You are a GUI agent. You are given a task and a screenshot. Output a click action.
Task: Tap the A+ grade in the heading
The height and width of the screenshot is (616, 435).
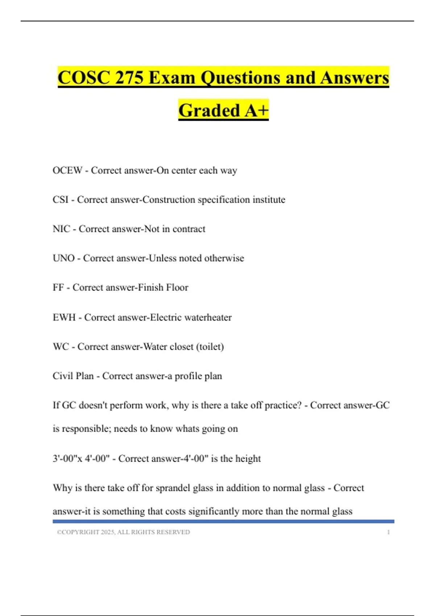pyautogui.click(x=256, y=111)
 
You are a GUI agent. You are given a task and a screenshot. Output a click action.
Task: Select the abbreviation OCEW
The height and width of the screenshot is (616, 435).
pyautogui.click(x=67, y=170)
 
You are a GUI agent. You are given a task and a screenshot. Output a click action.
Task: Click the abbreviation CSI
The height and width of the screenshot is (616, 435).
pyautogui.click(x=60, y=200)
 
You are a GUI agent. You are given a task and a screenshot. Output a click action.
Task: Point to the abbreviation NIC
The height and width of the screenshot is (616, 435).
pyautogui.click(x=61, y=229)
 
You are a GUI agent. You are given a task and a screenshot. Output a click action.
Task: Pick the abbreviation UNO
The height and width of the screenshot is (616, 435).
pyautogui.click(x=63, y=258)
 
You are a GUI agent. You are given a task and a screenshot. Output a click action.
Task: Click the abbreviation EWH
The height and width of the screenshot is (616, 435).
pyautogui.click(x=64, y=317)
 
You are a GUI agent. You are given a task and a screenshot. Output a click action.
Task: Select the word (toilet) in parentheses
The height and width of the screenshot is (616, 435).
pyautogui.click(x=210, y=347)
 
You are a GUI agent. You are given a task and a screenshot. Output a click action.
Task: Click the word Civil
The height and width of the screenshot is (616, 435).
pyautogui.click(x=61, y=376)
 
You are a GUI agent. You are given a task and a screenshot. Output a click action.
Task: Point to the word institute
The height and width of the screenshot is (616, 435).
pyautogui.click(x=269, y=200)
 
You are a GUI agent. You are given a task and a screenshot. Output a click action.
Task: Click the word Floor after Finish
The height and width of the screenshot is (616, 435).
pyautogui.click(x=177, y=288)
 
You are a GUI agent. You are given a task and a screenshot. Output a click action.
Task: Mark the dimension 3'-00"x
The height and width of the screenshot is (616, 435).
pyautogui.click(x=67, y=459)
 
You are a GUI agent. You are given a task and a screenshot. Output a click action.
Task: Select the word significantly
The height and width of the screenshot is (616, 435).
pyautogui.click(x=214, y=512)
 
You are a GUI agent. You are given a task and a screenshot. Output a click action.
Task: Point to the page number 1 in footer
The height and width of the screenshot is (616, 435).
pyautogui.click(x=388, y=532)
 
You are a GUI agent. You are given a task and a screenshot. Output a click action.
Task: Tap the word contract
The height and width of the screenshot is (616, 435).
pyautogui.click(x=188, y=229)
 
